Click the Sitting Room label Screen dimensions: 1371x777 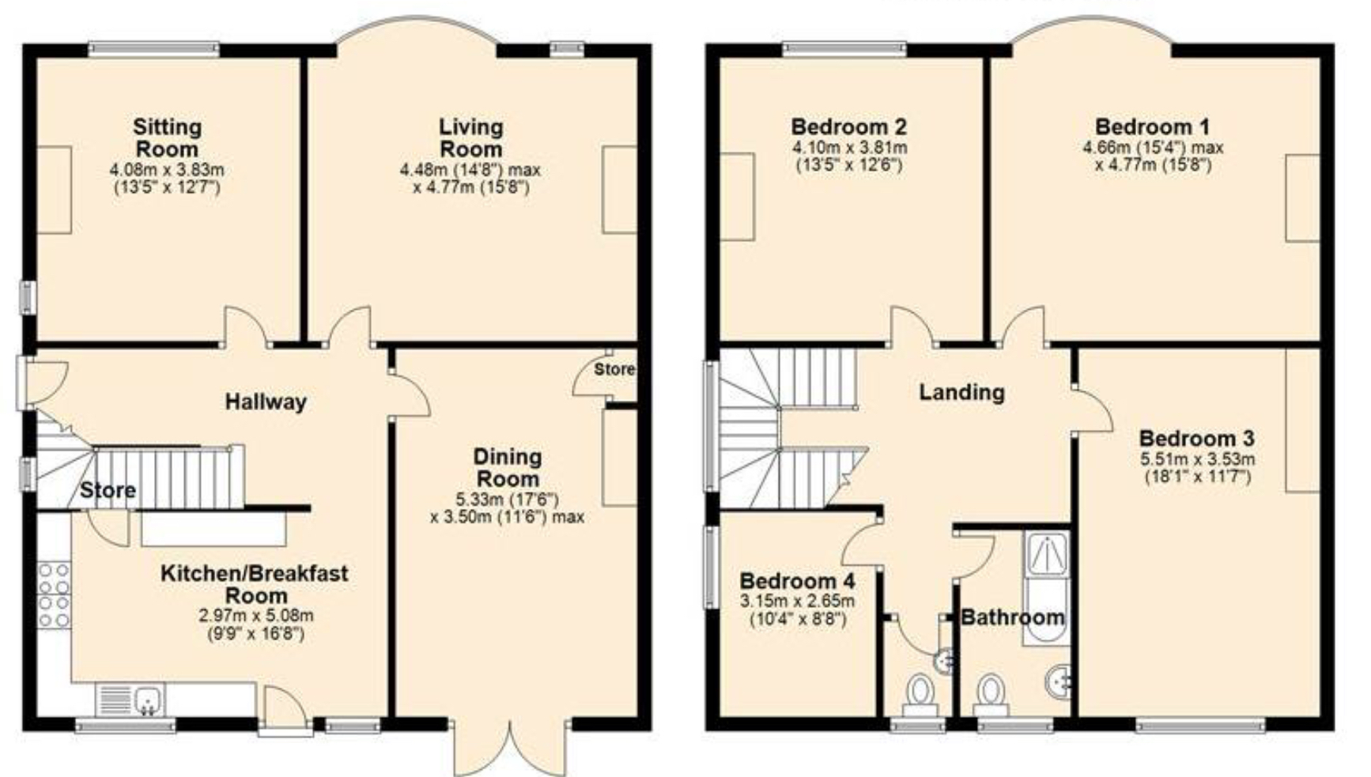pyautogui.click(x=167, y=138)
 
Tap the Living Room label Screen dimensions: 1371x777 pyautogui.click(x=470, y=138)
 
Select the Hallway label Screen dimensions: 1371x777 pyautogui.click(x=266, y=402)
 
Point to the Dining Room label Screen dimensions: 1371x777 pyautogui.click(x=508, y=467)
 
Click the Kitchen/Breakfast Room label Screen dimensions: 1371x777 pyautogui.click(x=255, y=584)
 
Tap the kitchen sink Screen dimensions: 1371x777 pyautogui.click(x=148, y=700)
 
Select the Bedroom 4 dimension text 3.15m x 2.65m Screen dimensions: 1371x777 pyautogui.click(x=797, y=602)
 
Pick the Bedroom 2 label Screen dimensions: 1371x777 pyautogui.click(x=848, y=126)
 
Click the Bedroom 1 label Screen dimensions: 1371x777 pyautogui.click(x=1152, y=126)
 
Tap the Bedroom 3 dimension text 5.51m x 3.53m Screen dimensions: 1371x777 pyautogui.click(x=1197, y=458)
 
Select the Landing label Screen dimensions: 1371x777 pyautogui.click(x=961, y=392)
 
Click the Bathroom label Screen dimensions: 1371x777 pyautogui.click(x=1012, y=617)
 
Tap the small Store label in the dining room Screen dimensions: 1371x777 pyautogui.click(x=614, y=369)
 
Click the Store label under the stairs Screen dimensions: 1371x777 pyautogui.click(x=108, y=490)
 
